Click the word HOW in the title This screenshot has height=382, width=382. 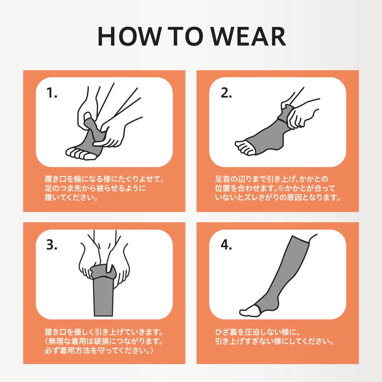coord(129,36)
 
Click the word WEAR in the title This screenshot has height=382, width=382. coord(248,36)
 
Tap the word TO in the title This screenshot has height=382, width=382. coord(185,36)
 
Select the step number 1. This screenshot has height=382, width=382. coord(51,93)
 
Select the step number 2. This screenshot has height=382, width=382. coord(226,93)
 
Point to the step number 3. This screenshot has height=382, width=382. coord(51,245)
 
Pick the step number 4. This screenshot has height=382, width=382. coord(226,245)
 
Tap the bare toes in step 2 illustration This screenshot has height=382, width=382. coord(244,147)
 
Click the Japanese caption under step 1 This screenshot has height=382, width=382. coord(104,188)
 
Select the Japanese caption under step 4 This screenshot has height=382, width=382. coord(274,336)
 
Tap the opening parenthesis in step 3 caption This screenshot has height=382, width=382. coord(47,341)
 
